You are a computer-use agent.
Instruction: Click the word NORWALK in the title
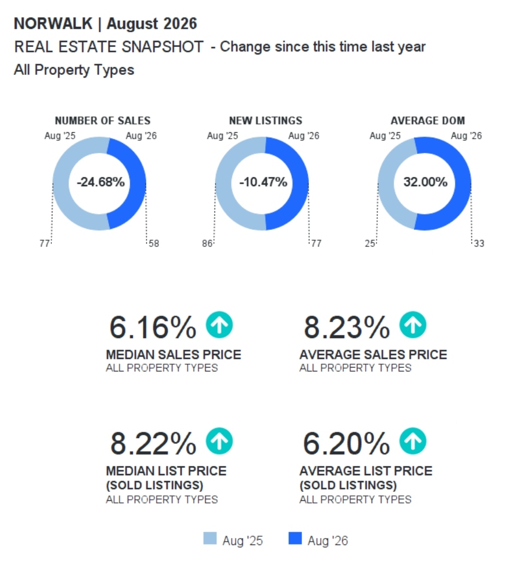tap(53, 23)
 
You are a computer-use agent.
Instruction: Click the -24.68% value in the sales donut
tap(100, 182)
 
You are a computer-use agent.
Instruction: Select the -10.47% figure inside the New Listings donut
tap(263, 182)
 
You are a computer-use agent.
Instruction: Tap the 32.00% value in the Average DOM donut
tap(425, 182)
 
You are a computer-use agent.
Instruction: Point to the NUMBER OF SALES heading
tap(103, 120)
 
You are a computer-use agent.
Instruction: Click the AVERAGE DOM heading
tap(428, 120)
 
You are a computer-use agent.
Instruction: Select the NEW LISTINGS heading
tap(266, 120)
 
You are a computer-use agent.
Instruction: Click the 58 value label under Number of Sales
tap(154, 244)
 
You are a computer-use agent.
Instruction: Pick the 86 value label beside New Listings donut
tap(207, 244)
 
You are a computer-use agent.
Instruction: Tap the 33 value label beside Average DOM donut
tap(479, 244)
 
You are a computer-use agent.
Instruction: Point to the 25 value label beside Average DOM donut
tap(370, 244)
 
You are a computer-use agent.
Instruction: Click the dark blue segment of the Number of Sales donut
tap(137, 184)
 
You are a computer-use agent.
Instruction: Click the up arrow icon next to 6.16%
tap(219, 325)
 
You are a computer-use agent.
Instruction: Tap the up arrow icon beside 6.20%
tap(413, 441)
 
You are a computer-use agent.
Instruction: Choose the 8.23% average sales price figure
tap(346, 327)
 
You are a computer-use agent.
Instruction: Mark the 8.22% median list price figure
tap(153, 443)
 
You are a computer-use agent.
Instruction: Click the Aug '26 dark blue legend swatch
tap(295, 539)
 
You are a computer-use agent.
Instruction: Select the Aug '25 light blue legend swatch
tap(210, 539)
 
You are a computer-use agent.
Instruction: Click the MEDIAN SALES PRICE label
tap(174, 354)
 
